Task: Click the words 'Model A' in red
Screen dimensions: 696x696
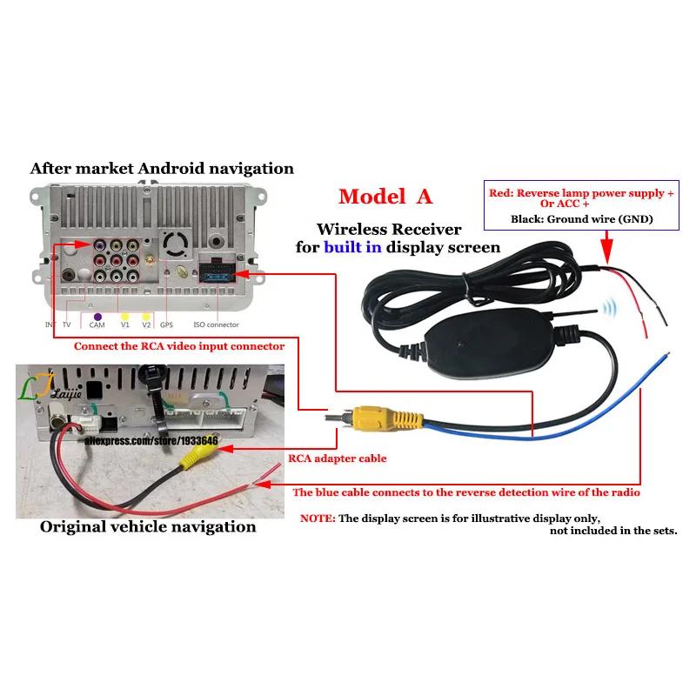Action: click(385, 197)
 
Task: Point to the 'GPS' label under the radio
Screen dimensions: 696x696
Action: click(167, 325)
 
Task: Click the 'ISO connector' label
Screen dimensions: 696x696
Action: click(215, 325)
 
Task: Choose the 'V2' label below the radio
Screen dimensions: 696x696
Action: click(146, 325)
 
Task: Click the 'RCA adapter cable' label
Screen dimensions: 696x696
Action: click(325, 458)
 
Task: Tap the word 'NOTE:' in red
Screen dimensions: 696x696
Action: click(317, 518)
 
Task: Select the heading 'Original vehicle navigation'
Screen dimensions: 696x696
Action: click(148, 526)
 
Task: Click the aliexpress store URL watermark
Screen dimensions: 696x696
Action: click(151, 441)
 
